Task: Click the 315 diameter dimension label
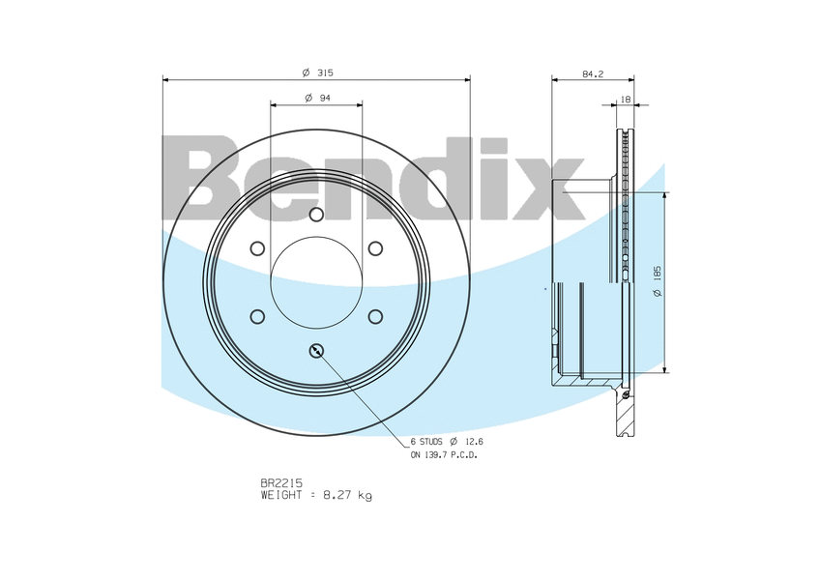(x=317, y=72)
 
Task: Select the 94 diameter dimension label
(x=317, y=98)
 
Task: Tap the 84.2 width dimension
(x=593, y=74)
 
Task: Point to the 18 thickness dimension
(x=625, y=100)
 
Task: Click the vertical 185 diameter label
(x=658, y=281)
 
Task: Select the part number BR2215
(x=281, y=483)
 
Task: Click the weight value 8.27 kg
(x=347, y=495)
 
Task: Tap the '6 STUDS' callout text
(x=426, y=442)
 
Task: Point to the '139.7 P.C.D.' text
(x=451, y=455)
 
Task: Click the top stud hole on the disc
(x=316, y=215)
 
